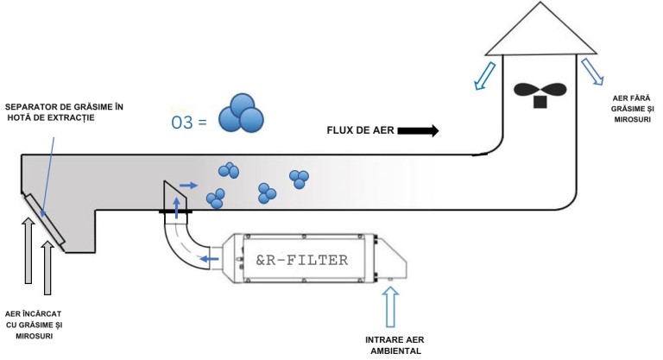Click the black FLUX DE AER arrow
[420, 130]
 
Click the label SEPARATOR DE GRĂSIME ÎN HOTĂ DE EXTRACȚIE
[65, 111]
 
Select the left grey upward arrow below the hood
[28, 250]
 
